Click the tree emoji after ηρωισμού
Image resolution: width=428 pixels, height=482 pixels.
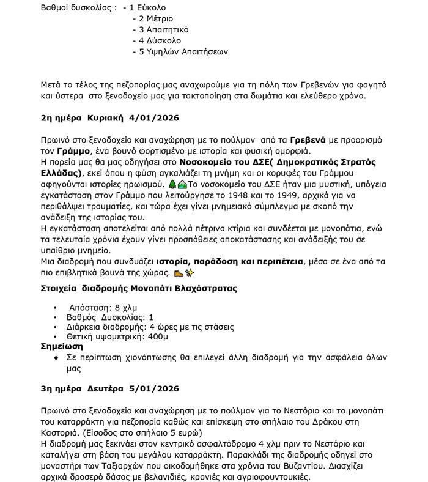[173, 184]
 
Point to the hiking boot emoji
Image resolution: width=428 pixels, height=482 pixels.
[179, 273]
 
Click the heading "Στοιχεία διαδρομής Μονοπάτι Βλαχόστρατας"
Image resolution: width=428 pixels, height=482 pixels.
[138, 288]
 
